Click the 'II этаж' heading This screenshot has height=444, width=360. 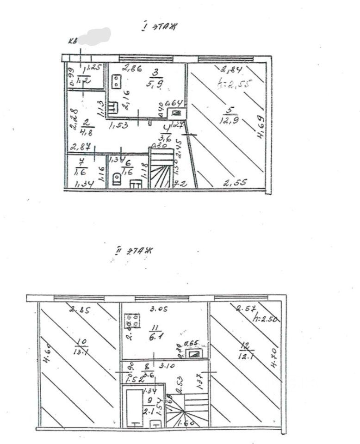(135, 252)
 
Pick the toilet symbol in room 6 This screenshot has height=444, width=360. (116, 179)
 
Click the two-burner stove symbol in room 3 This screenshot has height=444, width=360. (115, 82)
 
